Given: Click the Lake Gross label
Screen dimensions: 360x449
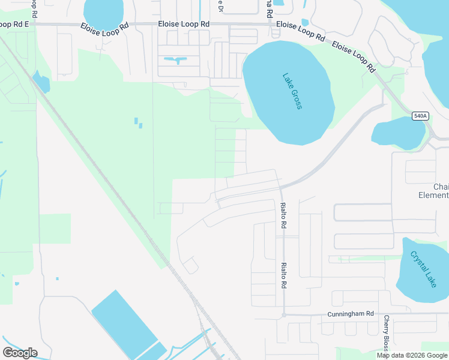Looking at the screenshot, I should click(x=292, y=91).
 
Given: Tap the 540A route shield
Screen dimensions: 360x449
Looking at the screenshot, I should click(x=420, y=116).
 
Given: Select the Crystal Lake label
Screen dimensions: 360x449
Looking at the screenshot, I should click(x=423, y=268).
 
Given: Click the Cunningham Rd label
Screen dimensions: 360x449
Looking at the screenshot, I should click(x=351, y=314).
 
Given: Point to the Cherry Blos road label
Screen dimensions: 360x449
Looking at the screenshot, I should click(x=387, y=333).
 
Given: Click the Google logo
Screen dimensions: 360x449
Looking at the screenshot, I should click(x=20, y=352).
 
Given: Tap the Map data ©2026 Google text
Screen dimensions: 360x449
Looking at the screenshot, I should click(x=412, y=355).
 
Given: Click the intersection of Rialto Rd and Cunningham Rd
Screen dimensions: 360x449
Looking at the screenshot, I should click(x=283, y=314).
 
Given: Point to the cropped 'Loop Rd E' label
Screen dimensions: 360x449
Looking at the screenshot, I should click(x=14, y=25).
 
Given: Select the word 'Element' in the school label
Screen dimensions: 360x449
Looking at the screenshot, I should click(x=433, y=195).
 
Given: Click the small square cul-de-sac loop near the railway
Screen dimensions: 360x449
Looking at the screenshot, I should click(x=190, y=265).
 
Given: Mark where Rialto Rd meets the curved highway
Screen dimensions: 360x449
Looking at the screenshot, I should click(x=280, y=187).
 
